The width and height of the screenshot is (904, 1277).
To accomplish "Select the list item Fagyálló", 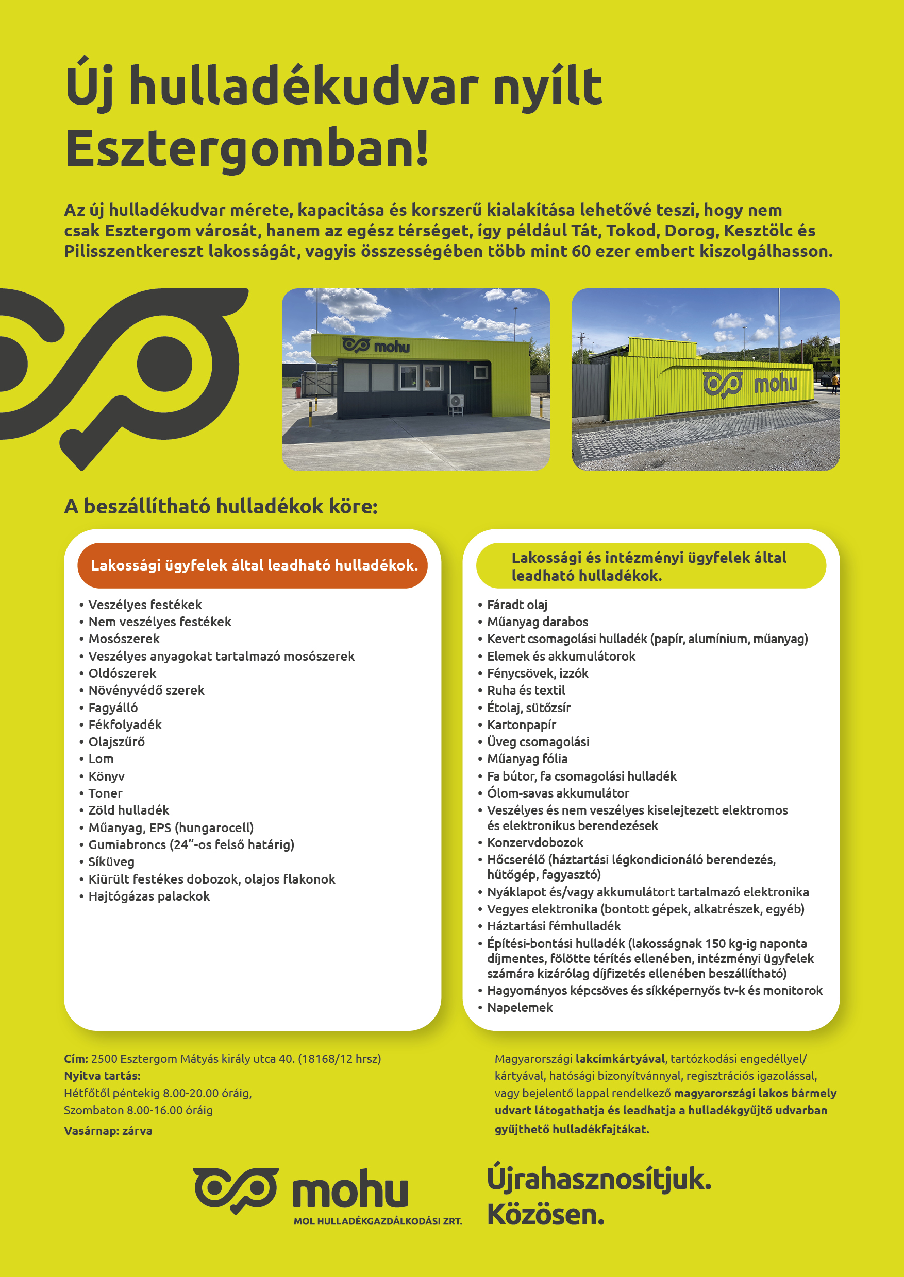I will [x=113, y=707].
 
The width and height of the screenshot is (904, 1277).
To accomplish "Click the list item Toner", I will [x=105, y=793].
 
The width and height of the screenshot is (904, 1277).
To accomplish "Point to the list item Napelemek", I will [x=520, y=1007].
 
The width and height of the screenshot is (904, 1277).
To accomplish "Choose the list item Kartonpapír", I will [x=521, y=724].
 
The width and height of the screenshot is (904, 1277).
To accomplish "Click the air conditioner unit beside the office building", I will [x=457, y=403].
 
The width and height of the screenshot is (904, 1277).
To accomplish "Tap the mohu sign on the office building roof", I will [x=376, y=346].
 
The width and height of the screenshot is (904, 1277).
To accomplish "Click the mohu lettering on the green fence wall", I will [x=775, y=384].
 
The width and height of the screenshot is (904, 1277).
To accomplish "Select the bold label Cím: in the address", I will [x=76, y=1059].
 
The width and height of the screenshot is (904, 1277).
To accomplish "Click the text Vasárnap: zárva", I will [x=108, y=1131].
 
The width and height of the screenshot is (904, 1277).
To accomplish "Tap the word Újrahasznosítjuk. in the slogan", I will [x=598, y=1179].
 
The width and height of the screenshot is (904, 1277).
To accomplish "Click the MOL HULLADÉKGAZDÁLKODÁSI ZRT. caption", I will [x=377, y=1221].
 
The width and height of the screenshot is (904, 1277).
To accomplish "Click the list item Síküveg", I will [x=111, y=861].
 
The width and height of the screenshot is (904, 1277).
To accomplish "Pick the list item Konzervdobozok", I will [x=535, y=842].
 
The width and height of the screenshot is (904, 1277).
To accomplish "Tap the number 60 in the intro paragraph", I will [x=580, y=251].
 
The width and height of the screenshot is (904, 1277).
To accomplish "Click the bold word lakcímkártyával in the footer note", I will [x=620, y=1059].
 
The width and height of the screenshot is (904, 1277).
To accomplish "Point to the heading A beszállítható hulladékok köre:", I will [x=221, y=506].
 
